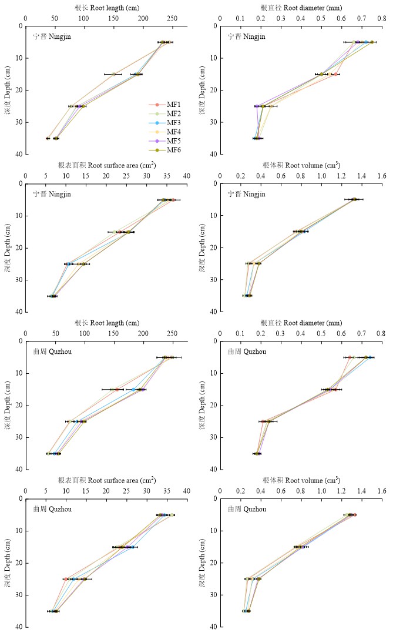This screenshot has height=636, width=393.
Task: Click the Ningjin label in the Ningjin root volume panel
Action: coord(246,195)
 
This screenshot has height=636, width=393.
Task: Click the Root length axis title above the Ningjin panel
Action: coord(106,8)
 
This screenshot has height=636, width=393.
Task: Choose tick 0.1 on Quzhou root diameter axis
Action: coord(240,333)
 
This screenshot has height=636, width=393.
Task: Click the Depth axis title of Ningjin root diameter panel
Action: coord(203,89)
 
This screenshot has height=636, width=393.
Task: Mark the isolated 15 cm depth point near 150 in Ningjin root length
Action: coord(114,74)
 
